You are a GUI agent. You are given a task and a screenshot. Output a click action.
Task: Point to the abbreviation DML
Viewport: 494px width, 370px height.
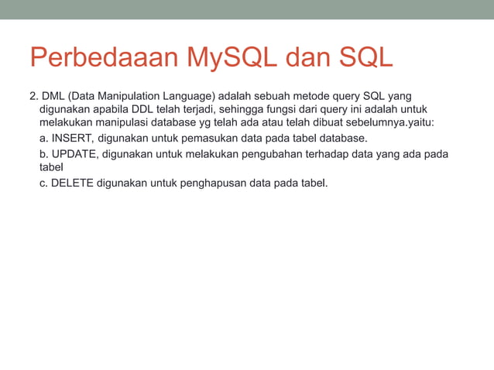click(x=53, y=95)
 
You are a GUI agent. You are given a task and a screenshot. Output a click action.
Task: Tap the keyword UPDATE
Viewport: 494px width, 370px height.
click(x=74, y=154)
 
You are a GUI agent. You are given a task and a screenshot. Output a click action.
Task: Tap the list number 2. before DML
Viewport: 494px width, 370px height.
click(x=33, y=95)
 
